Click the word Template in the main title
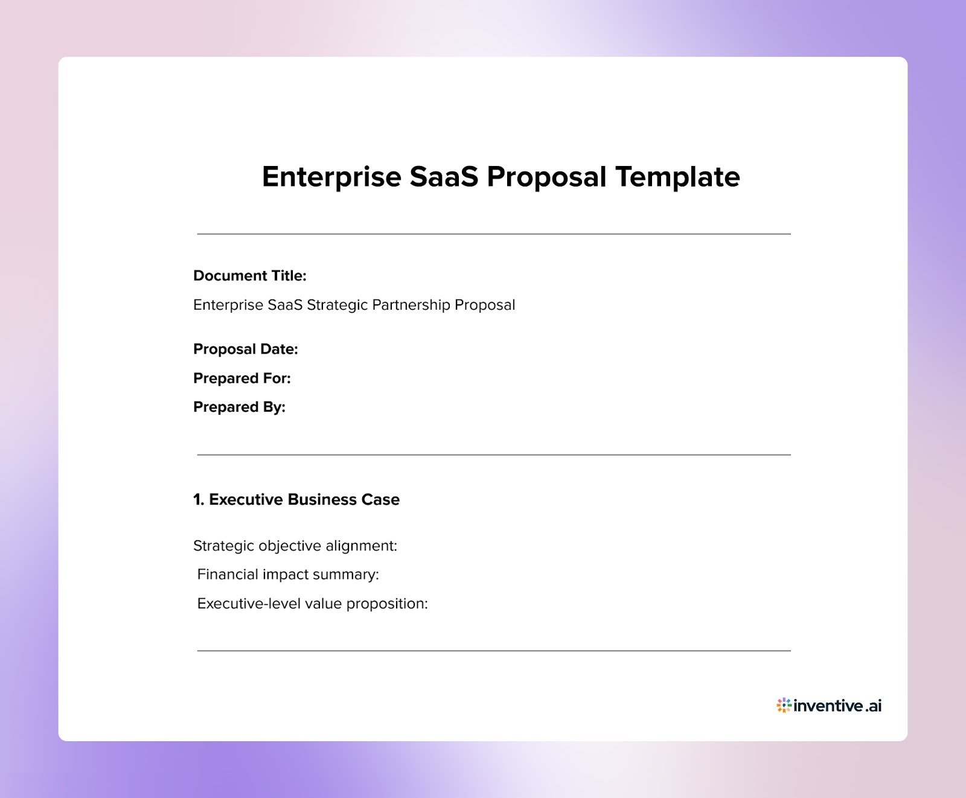[x=677, y=177]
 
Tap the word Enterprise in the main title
[x=331, y=177]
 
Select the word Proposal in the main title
[x=546, y=177]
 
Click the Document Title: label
[x=249, y=276]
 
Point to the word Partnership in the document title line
[x=411, y=305]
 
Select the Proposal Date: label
[x=245, y=349]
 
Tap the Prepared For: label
[x=241, y=378]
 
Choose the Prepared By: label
[x=239, y=407]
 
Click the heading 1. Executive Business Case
[x=296, y=500]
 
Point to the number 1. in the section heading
[x=199, y=500]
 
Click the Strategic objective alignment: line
[x=295, y=546]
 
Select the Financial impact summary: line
[x=288, y=574]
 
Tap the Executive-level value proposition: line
[x=312, y=604]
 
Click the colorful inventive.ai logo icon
[x=784, y=705]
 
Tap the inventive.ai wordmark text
[x=838, y=705]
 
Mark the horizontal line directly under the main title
[x=494, y=234]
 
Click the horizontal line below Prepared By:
[x=494, y=455]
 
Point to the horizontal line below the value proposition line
[x=494, y=651]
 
